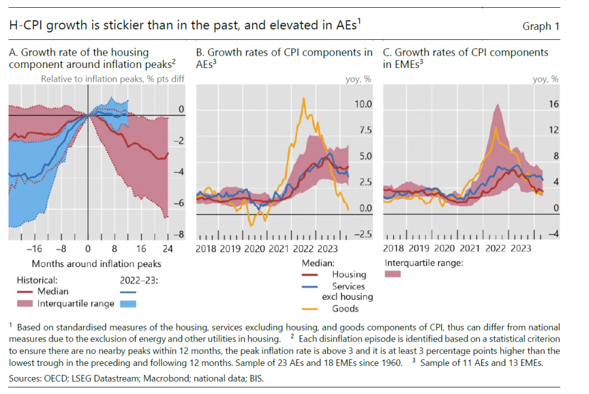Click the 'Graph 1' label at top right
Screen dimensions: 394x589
[541, 27]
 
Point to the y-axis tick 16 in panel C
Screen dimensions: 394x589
[554, 105]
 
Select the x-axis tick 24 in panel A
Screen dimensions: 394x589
[168, 249]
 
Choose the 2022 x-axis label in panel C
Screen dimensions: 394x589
[495, 249]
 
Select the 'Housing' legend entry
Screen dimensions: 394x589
[349, 275]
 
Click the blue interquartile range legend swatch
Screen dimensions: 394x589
[130, 304]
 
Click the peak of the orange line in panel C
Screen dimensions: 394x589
[497, 128]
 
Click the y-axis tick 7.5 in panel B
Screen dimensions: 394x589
[363, 131]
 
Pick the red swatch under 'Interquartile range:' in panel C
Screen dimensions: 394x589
[393, 275]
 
